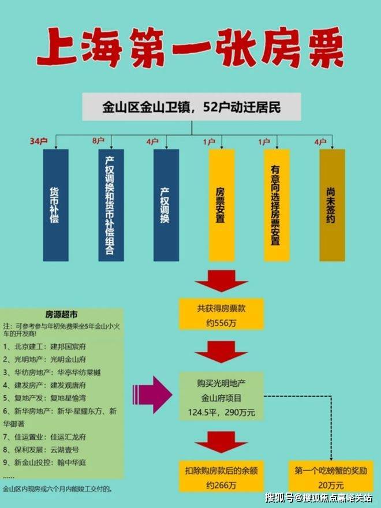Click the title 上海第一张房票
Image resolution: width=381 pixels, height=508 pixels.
pos(190,49)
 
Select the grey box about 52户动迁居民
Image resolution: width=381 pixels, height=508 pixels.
pos(191,107)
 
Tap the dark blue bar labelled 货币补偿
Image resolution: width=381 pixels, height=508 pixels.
pos(55,205)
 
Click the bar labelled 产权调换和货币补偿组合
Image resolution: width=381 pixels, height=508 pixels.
pos(111,205)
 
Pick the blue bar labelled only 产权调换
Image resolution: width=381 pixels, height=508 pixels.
pos(166,205)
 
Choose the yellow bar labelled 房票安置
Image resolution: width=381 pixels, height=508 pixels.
pos(221,205)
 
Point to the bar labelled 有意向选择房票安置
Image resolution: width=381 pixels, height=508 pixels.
pos(277,205)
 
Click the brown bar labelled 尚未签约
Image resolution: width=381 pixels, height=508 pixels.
pos(332,205)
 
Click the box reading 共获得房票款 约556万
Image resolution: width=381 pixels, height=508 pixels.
pos(221,314)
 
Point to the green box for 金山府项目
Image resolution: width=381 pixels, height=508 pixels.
pos(221,397)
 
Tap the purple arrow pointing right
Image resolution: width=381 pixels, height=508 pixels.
pos(152,394)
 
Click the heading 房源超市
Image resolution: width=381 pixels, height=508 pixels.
pos(61,315)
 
